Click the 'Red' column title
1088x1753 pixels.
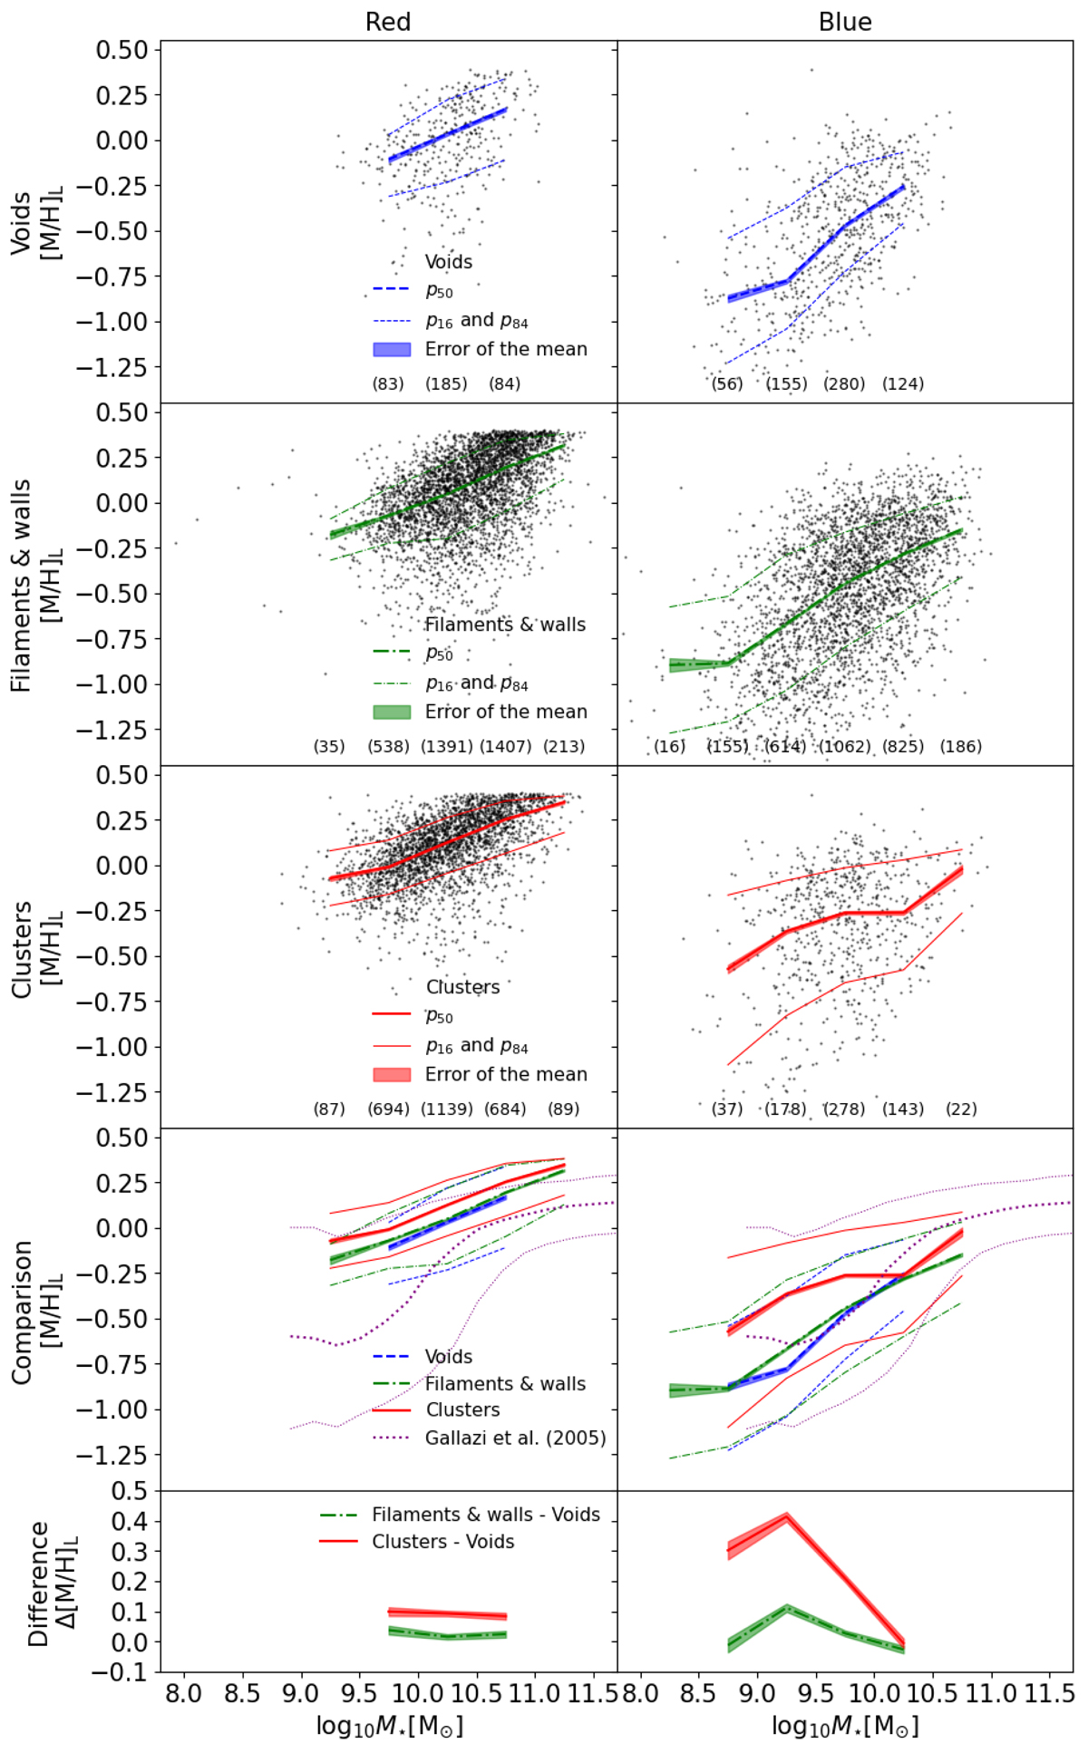point(388,22)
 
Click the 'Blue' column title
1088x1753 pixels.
point(845,22)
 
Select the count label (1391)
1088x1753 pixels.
point(447,747)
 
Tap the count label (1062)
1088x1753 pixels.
point(845,747)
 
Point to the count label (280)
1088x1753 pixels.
point(844,384)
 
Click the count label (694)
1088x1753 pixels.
point(388,1109)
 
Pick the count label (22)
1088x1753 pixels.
point(961,1109)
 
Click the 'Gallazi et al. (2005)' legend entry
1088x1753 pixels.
point(515,1438)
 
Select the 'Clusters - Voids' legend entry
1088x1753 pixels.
point(442,1542)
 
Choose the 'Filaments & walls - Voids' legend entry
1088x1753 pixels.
point(485,1515)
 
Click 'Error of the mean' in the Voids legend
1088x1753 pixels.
point(506,349)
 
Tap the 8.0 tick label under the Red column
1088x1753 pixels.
point(184,1693)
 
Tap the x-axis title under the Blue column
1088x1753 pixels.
point(845,1726)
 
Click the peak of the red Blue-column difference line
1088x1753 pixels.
point(786,1515)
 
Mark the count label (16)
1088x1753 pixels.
point(670,747)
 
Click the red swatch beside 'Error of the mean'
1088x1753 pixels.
point(392,1074)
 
